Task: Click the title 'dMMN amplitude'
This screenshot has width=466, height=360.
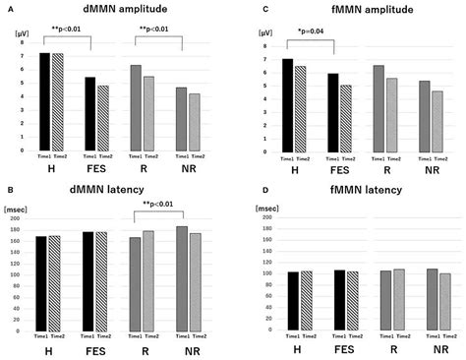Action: (115, 8)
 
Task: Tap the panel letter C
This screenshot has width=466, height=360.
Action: (240, 8)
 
